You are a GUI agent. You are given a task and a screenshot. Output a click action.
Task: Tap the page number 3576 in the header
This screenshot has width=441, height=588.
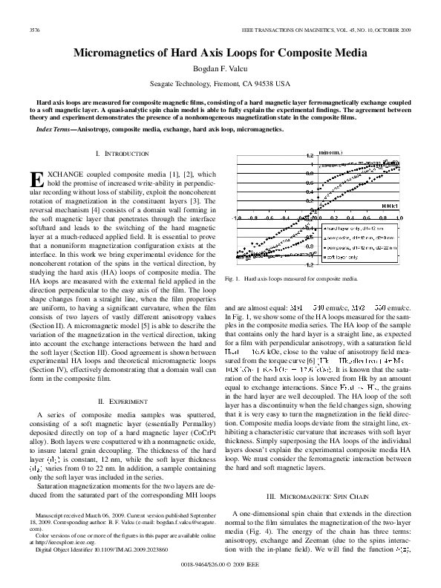tap(34, 30)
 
